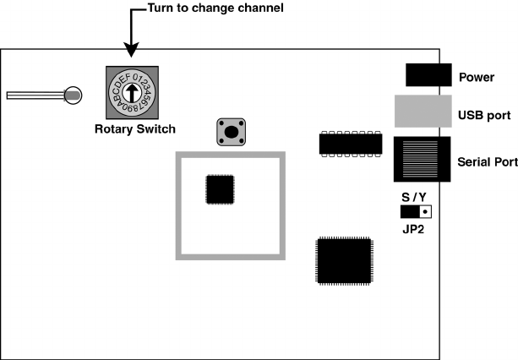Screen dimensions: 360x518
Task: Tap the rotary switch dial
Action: pos(131,93)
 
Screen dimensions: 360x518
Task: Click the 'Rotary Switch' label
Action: pos(135,129)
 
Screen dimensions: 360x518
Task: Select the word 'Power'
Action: pos(477,78)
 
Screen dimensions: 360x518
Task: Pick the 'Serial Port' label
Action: pos(486,161)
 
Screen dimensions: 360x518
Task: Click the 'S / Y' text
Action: pos(415,197)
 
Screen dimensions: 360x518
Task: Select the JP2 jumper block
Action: pos(416,212)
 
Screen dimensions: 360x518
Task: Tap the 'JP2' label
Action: pos(415,228)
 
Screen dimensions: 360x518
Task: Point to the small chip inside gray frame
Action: pos(221,189)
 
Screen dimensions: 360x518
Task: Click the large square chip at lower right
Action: pos(344,259)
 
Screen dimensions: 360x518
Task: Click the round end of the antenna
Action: pos(74,96)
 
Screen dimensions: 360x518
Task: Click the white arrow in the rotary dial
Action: pos(131,92)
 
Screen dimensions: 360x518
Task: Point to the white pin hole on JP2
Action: pos(425,212)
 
